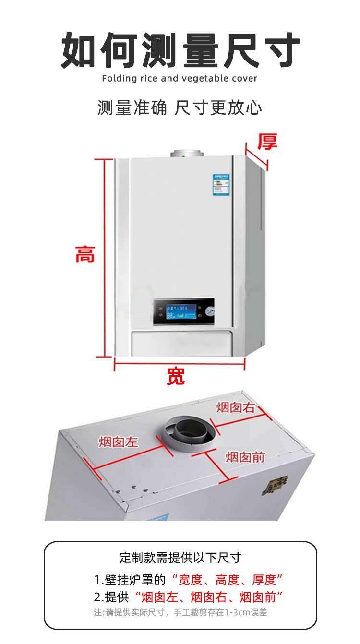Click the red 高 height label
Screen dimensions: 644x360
tap(85, 254)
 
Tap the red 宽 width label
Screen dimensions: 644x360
tap(176, 377)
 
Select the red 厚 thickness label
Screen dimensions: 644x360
tap(267, 142)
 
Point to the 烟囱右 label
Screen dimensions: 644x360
tap(235, 408)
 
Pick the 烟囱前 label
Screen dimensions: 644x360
tap(245, 457)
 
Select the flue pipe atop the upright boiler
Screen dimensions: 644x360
tap(187, 154)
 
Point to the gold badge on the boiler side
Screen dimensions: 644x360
tap(275, 485)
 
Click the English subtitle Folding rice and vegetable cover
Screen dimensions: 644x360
tap(180, 78)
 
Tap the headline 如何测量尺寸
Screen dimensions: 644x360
tap(180, 50)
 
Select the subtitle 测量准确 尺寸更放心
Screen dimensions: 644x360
tap(180, 107)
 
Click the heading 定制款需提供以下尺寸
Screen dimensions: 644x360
tap(180, 558)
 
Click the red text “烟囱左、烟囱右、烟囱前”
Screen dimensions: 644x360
tap(208, 597)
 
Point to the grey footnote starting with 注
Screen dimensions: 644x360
tap(180, 613)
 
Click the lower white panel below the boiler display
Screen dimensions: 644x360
tap(182, 344)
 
